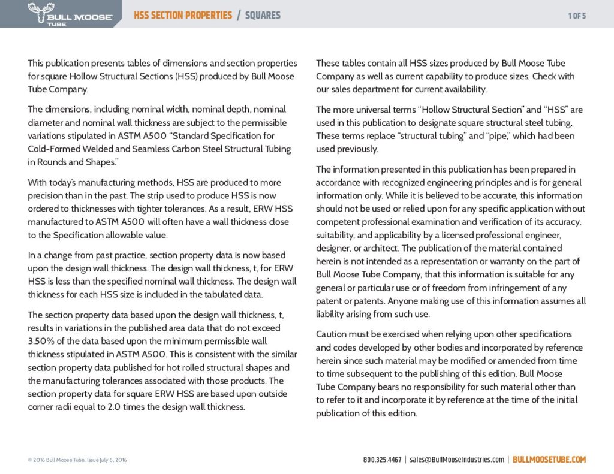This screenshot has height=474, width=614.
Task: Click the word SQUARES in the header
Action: [x=263, y=15]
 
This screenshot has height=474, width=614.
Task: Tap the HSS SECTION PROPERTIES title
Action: [x=183, y=15]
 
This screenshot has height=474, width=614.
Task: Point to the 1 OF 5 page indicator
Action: [x=577, y=16]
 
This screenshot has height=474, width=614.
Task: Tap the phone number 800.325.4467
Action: [x=382, y=460]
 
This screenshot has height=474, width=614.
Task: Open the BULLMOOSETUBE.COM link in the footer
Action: [x=549, y=460]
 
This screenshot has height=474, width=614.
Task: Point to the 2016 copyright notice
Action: [x=77, y=460]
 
